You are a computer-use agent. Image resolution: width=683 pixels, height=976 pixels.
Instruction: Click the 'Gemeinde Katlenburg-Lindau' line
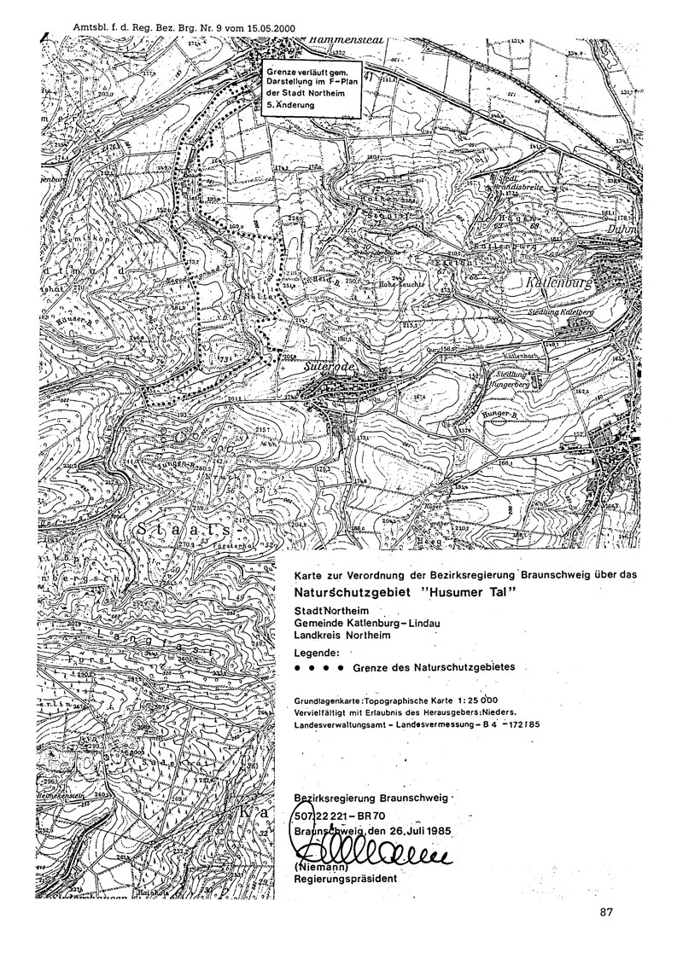(365, 622)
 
